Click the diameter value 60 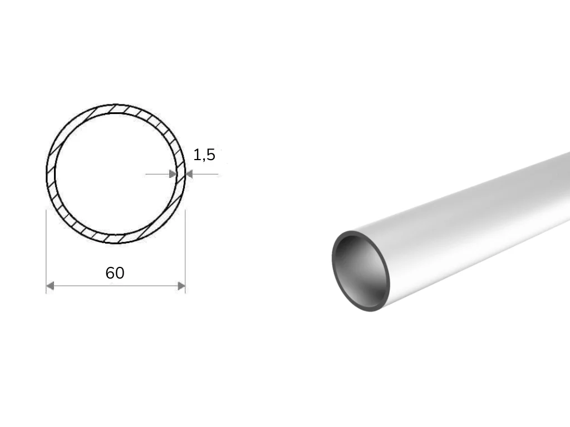[115, 273]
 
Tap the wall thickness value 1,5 [204, 155]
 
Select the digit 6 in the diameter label [110, 273]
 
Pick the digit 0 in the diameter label [120, 273]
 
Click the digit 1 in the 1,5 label [197, 155]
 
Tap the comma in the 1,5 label [203, 160]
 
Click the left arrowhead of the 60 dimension [50, 286]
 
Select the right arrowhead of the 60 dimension [181, 286]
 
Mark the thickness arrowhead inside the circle [173, 174]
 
